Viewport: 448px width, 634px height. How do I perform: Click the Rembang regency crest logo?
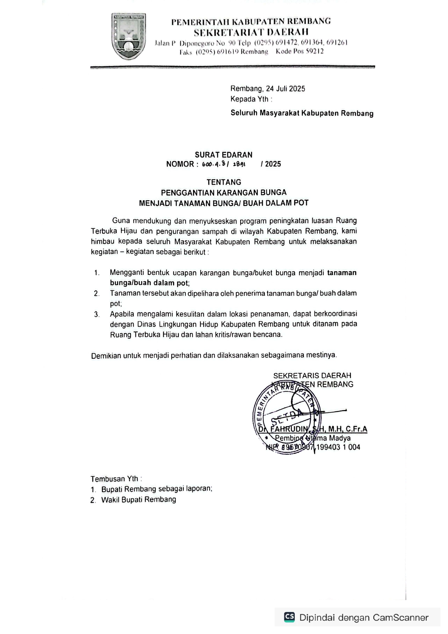[x=129, y=36]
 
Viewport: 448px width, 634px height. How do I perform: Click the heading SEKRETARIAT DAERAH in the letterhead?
[x=251, y=33]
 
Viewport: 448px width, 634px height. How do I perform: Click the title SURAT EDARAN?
[x=224, y=155]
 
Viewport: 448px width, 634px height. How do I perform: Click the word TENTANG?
[x=224, y=182]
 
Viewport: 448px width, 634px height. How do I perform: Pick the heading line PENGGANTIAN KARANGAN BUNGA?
[x=224, y=193]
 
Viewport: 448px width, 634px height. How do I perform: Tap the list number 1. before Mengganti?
[x=96, y=273]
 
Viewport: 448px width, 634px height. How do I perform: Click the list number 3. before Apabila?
[x=96, y=315]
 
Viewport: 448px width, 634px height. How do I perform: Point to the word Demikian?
[x=105, y=355]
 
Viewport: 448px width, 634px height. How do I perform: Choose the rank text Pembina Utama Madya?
[x=313, y=438]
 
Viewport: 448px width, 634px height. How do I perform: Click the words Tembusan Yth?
[x=115, y=479]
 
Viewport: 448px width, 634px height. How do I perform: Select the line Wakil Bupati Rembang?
[x=139, y=500]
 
